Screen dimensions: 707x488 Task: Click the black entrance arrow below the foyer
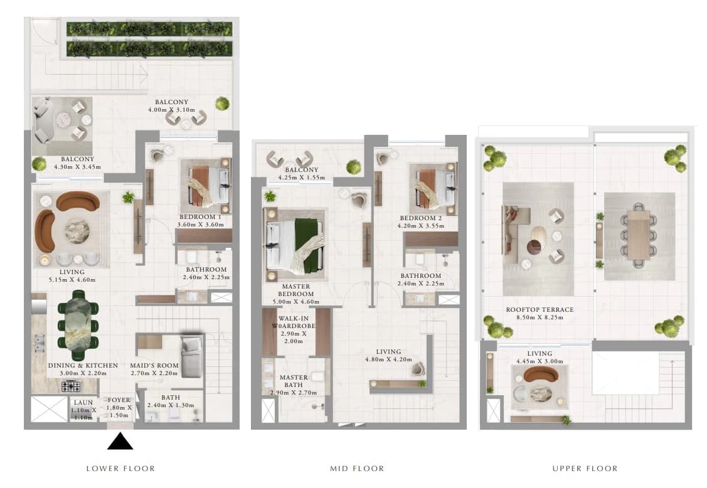(x=120, y=442)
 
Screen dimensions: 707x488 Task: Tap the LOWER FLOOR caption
(x=120, y=469)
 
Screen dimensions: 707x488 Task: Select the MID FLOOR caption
(x=357, y=469)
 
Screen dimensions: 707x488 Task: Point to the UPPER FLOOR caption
(x=585, y=469)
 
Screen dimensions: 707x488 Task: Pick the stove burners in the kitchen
(x=71, y=386)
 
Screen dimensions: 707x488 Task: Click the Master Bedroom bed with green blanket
(x=296, y=243)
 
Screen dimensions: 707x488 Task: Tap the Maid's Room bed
(x=191, y=356)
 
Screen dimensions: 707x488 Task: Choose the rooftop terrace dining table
(x=637, y=235)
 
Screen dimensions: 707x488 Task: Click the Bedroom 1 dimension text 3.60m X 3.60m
(x=200, y=225)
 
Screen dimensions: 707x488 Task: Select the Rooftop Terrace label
(x=540, y=309)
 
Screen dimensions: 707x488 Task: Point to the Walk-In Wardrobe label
(x=294, y=322)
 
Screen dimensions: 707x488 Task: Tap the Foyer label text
(x=119, y=400)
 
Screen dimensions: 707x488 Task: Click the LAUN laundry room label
(x=83, y=402)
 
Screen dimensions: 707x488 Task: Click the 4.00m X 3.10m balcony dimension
(x=172, y=110)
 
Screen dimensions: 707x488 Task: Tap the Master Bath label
(x=294, y=381)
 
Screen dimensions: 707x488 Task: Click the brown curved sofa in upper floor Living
(x=541, y=374)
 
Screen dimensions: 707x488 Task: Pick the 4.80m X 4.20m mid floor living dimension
(x=389, y=359)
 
